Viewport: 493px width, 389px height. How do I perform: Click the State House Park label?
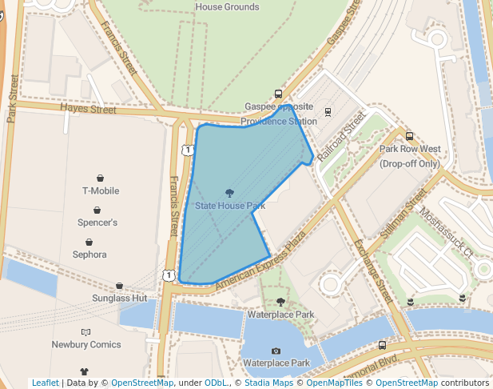tap(230, 206)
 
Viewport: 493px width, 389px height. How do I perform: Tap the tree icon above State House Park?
tap(230, 192)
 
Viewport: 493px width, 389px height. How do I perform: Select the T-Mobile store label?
tap(101, 191)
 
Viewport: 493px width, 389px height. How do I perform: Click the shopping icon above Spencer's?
tap(97, 210)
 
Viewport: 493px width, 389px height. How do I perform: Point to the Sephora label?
tap(89, 255)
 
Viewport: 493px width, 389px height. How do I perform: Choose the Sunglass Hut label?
tap(119, 299)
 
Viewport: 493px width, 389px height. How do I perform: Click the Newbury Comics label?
tap(86, 345)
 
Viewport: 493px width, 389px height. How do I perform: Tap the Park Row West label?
tap(409, 149)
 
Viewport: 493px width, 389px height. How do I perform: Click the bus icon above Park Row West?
tap(410, 136)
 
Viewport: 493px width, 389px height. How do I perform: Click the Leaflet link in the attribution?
tap(45, 383)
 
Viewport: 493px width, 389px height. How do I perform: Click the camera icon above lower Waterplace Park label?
tap(276, 351)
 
